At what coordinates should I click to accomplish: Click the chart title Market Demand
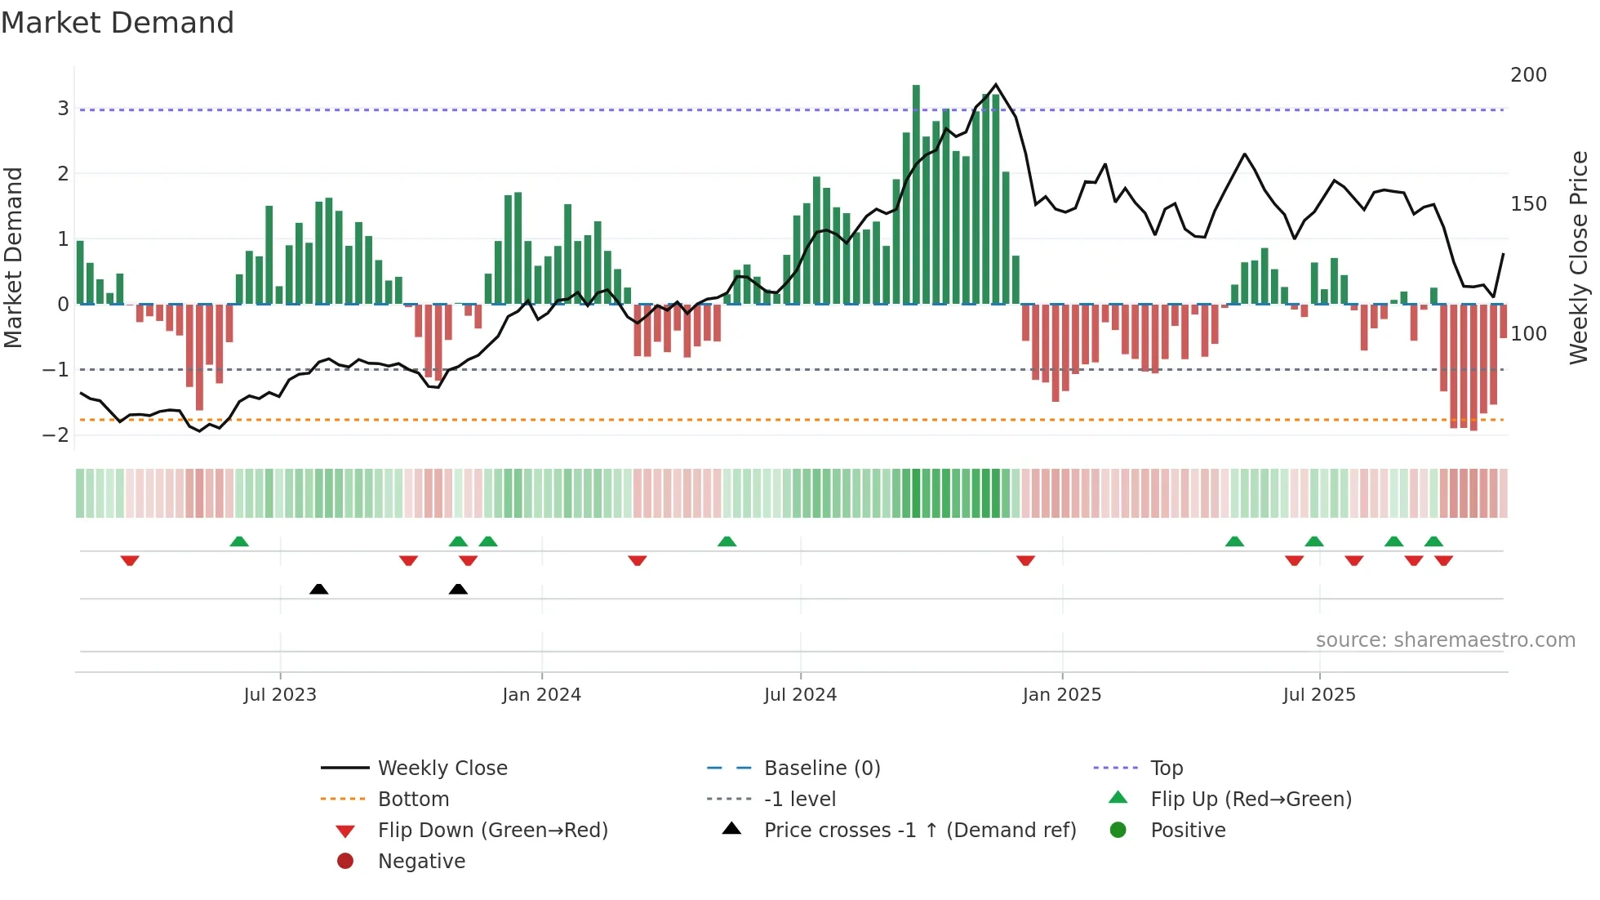tap(118, 23)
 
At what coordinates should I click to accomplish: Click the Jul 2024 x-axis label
tap(800, 695)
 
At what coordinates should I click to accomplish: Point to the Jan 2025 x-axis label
tap(1061, 695)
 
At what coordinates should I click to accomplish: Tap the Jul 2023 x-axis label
tap(280, 695)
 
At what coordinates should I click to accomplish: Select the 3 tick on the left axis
tap(63, 109)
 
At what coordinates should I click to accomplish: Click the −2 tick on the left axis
tap(56, 435)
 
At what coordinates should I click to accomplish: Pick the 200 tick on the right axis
tap(1528, 75)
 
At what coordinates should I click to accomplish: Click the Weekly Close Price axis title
tap(1579, 257)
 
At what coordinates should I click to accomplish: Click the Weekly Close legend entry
tap(442, 769)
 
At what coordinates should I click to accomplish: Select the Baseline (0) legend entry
tap(821, 769)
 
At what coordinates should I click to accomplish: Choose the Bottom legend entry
tap(413, 800)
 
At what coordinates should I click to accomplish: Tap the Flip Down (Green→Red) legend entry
tap(492, 831)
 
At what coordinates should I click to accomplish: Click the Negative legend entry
tap(421, 862)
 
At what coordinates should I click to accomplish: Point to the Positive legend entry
tap(1188, 831)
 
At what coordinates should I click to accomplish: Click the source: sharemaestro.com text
tap(1445, 640)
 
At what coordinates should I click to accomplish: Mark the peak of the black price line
tap(996, 85)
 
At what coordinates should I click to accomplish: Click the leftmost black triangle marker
tap(319, 589)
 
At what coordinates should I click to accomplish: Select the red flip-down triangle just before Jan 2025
tap(1025, 560)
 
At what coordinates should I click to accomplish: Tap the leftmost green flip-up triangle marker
tap(239, 541)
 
